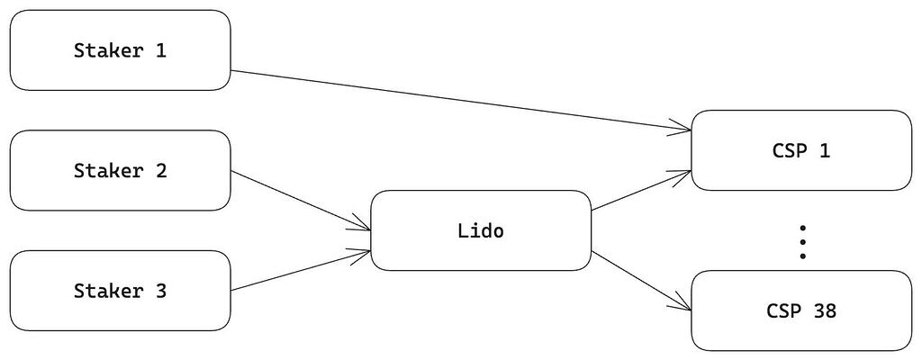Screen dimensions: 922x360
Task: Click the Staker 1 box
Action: [x=120, y=50]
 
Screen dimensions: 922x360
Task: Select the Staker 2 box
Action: [x=120, y=171]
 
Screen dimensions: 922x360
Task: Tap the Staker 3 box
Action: [x=120, y=291]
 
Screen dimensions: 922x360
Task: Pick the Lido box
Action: [x=481, y=230]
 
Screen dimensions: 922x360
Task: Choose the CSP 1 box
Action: [x=800, y=150]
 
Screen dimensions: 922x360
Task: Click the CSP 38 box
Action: [x=800, y=310]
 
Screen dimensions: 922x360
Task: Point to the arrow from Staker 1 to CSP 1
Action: [x=460, y=100]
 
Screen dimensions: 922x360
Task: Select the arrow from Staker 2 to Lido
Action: [x=301, y=201]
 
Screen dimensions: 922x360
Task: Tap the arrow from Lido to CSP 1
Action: [x=641, y=191]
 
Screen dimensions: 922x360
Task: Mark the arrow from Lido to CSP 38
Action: [x=641, y=281]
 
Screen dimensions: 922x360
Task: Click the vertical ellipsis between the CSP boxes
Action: [x=802, y=242]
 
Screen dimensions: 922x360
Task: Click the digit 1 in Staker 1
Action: [x=160, y=50]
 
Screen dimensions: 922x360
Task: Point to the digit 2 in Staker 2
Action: [x=160, y=171]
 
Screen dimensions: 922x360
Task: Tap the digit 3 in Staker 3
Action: [x=160, y=291]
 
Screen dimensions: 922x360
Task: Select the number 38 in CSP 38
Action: [x=824, y=310]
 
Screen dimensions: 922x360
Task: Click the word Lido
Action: [x=481, y=230]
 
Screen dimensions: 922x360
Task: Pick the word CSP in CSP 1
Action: [x=789, y=150]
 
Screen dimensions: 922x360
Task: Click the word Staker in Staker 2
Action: [x=109, y=171]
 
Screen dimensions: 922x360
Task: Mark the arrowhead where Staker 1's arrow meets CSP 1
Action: [x=682, y=129]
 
